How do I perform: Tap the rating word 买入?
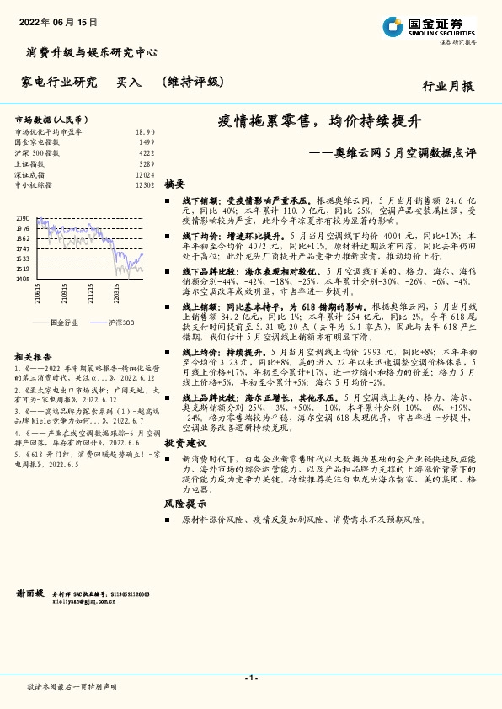(x=129, y=82)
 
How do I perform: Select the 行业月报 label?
(x=447, y=85)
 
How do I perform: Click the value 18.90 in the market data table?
(x=145, y=132)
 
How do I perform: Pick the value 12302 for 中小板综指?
(x=144, y=183)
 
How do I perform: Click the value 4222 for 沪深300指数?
(x=146, y=152)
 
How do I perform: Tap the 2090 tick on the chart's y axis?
(x=23, y=218)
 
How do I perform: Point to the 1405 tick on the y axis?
(x=23, y=279)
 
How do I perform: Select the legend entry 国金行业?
(x=64, y=322)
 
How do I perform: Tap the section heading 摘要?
(x=174, y=183)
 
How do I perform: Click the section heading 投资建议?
(x=184, y=441)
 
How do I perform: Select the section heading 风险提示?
(x=184, y=503)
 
